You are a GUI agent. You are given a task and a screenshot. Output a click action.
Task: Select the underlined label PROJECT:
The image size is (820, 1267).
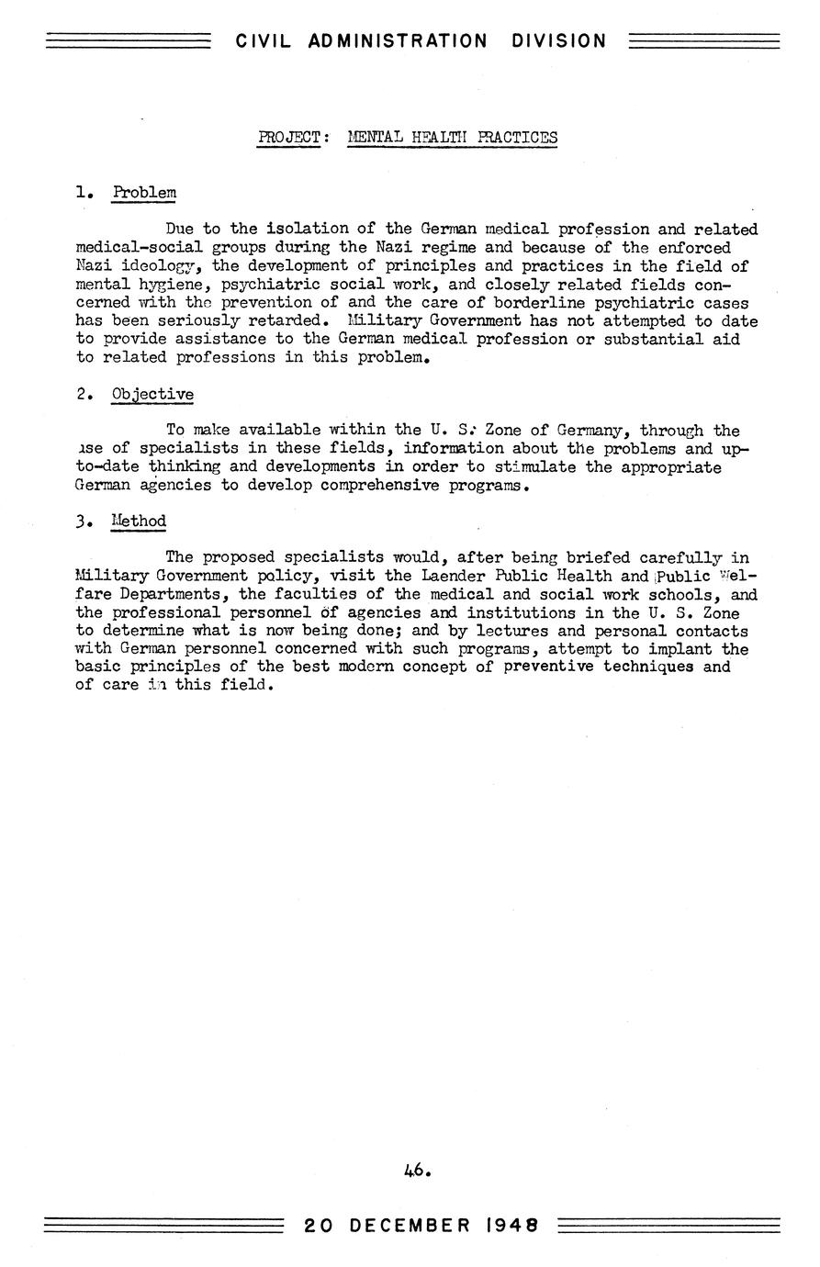pos(290,138)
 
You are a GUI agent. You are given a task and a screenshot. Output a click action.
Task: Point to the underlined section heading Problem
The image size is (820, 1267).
pos(143,193)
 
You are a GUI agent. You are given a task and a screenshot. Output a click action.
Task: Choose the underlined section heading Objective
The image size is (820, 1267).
pos(152,395)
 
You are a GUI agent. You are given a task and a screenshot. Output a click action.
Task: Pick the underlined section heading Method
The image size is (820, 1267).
pos(139,521)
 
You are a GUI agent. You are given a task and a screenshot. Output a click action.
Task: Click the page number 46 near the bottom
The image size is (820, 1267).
pos(414,1171)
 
